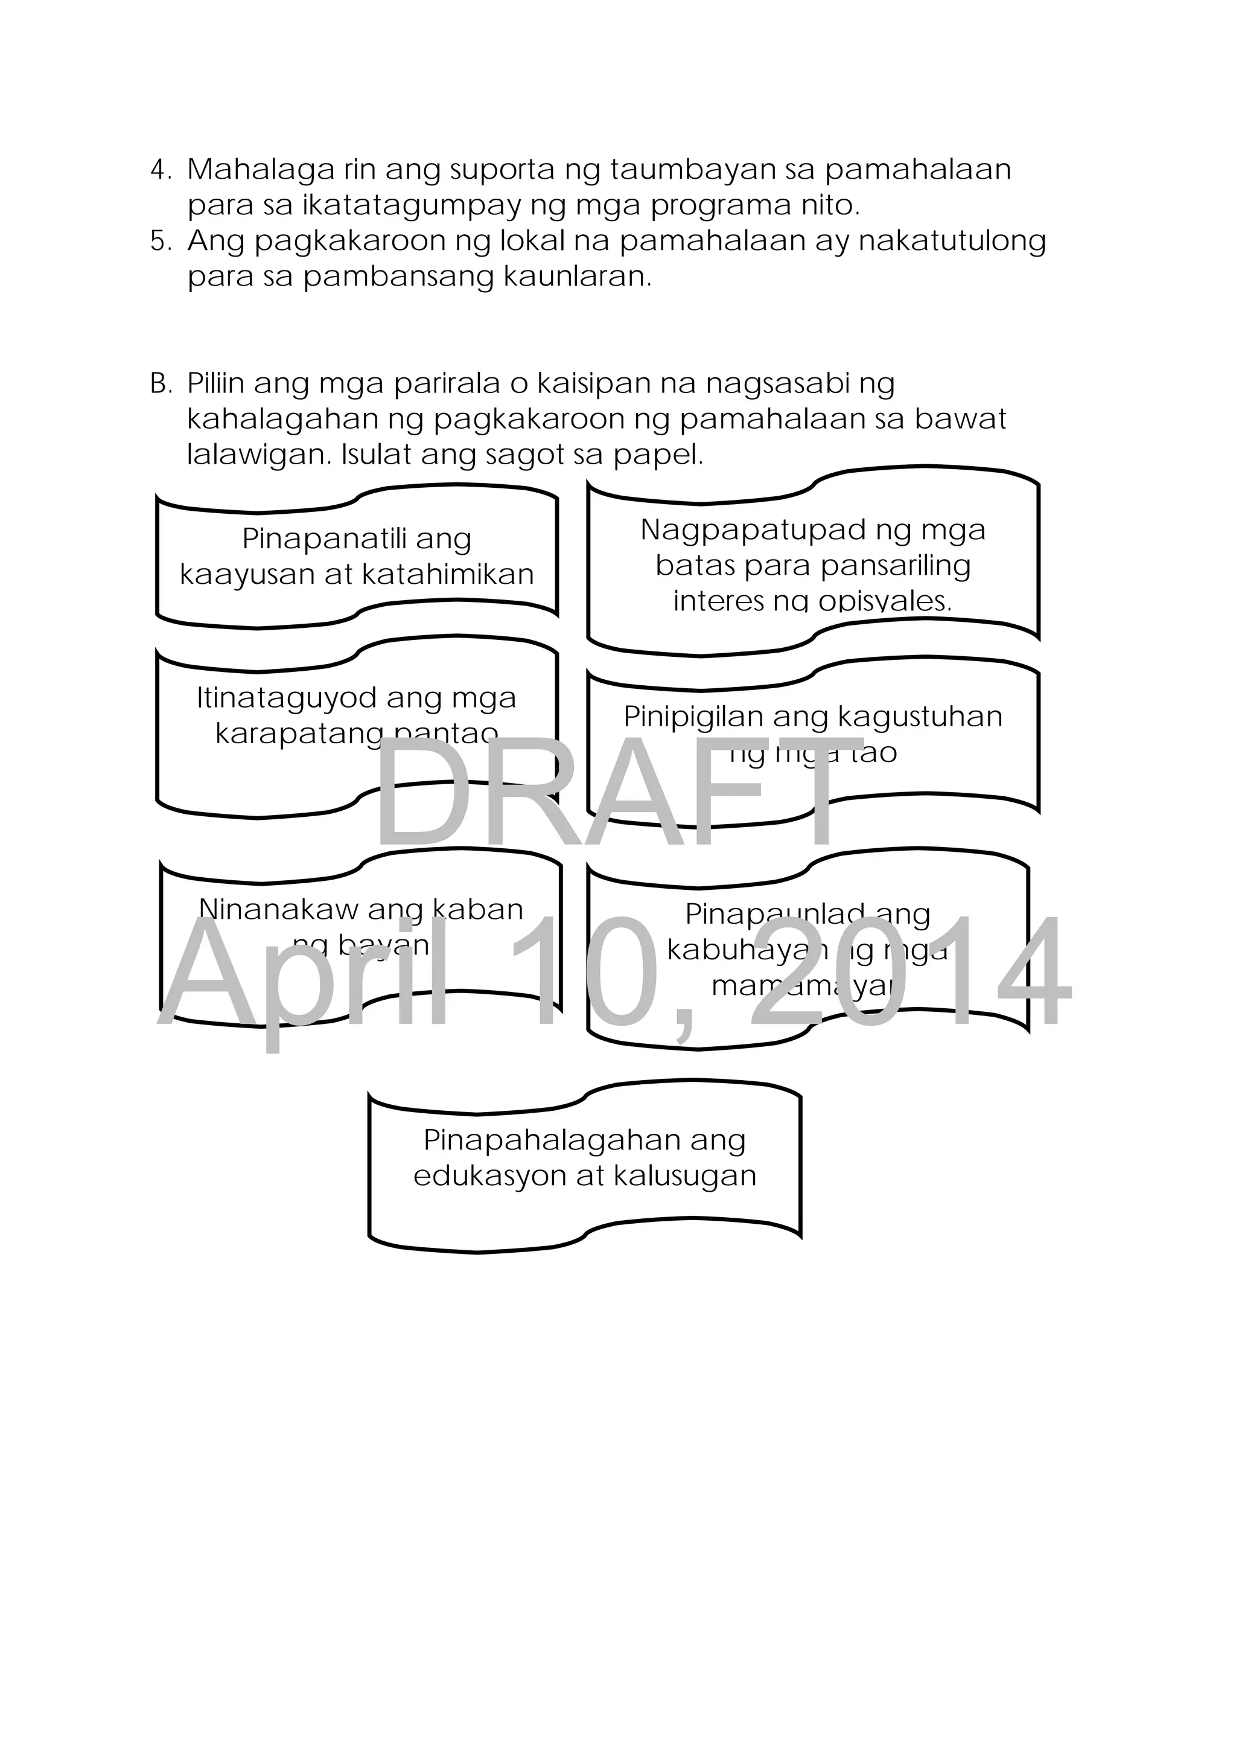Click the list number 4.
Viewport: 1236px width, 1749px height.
tap(159, 170)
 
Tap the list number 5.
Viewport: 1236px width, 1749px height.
tap(159, 241)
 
